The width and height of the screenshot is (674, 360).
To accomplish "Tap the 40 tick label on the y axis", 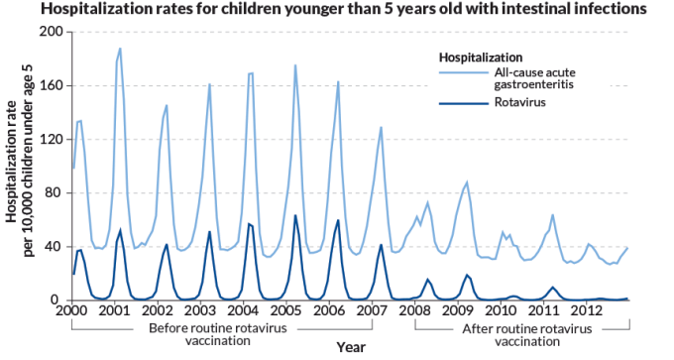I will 56,246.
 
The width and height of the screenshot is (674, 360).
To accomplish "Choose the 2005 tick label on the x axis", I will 285,310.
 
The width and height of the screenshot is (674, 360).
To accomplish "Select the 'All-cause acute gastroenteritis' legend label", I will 533,79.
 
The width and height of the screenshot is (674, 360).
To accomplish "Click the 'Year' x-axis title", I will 350,347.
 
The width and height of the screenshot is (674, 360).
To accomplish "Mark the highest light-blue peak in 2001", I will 120,48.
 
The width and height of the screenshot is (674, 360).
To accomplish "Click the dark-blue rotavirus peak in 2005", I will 295,215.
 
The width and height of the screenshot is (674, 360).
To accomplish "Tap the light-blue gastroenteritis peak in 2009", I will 467,182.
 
